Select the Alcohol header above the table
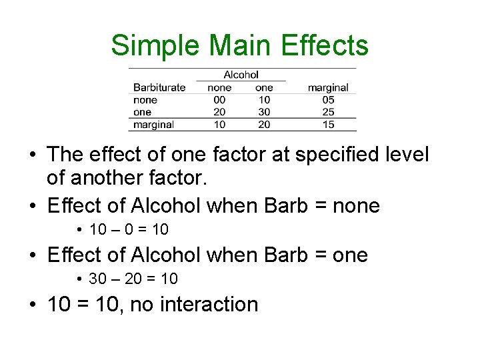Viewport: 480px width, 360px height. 241,75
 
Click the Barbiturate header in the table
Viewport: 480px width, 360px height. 159,87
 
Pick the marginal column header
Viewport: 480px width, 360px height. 328,87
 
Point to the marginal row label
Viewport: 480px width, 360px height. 153,125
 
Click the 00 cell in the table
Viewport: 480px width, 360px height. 219,100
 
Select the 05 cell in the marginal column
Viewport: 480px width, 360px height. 328,100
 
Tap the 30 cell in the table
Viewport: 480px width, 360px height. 264,112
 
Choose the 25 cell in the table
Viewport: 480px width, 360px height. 328,112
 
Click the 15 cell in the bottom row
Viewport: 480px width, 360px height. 328,125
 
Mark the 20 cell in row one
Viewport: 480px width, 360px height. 219,112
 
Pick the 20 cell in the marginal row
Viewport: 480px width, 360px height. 264,125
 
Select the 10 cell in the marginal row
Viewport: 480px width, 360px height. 219,125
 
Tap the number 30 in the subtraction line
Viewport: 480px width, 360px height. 97,279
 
